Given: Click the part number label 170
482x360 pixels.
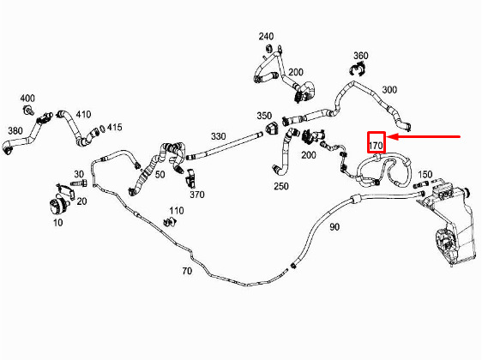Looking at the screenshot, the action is point(376,146).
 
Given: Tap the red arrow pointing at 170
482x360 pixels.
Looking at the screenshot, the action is point(423,136).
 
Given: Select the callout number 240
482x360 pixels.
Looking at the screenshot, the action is point(266,36).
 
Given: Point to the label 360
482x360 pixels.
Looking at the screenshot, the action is point(360,56).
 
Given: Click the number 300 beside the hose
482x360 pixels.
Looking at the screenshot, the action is point(389,90).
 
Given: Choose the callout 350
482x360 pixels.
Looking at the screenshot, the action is point(264,116).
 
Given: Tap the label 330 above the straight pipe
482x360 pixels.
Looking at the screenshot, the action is point(218,136).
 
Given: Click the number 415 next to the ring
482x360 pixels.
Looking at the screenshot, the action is point(114,127).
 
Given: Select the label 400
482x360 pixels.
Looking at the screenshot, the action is point(27,99).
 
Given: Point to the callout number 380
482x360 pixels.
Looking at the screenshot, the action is point(15,131).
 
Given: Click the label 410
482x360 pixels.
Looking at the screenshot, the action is point(83,115).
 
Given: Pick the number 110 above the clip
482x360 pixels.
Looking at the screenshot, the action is point(177,211).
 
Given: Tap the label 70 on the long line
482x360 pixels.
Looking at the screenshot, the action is point(187,271).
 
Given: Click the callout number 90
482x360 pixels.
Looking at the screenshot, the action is point(334,227).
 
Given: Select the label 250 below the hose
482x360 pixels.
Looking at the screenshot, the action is point(281,186).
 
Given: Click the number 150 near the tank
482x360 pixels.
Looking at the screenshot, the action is point(425,175).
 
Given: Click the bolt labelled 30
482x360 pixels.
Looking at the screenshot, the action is point(79,183).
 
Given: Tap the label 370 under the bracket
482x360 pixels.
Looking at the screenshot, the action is point(197,195).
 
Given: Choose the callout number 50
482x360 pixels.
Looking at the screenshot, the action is point(160,175).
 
